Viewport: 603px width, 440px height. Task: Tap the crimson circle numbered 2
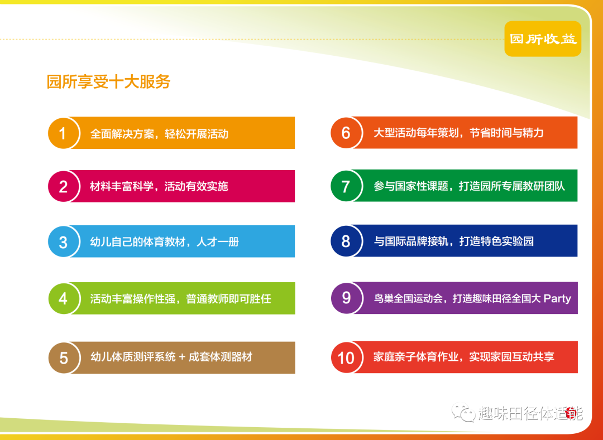point(64,186)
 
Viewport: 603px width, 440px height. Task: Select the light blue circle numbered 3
point(64,241)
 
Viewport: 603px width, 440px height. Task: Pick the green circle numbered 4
point(64,298)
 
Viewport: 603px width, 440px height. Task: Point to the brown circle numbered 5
point(64,358)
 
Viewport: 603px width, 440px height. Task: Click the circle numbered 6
point(346,133)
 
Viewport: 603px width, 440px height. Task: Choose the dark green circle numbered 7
point(346,186)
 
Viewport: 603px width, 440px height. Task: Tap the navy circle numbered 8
point(346,241)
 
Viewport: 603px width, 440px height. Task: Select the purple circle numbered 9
point(347,298)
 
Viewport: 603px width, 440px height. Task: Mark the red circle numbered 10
point(347,357)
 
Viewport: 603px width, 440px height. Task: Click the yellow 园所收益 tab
point(543,39)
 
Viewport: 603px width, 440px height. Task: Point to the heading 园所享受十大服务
point(108,81)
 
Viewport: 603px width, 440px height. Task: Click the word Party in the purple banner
point(557,299)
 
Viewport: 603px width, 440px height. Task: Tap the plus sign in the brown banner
point(182,357)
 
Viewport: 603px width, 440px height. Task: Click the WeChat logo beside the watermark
point(463,413)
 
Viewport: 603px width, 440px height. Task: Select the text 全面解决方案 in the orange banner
point(122,134)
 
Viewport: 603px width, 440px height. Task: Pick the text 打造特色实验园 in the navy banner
point(496,241)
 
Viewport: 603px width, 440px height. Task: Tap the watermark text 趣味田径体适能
point(530,413)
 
